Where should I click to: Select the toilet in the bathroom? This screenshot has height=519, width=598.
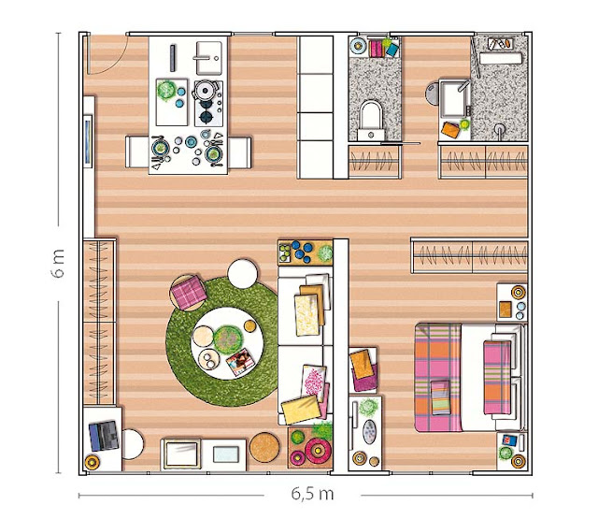371,118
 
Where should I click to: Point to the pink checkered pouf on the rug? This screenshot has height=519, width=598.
188,293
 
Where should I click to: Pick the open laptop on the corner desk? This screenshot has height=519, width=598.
103,436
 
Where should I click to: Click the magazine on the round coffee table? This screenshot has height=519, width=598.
240,361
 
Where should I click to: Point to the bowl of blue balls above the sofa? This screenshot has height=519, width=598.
301,252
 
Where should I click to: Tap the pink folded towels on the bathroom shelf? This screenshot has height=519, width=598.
377,48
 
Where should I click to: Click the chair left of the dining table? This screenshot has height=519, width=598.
140,150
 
